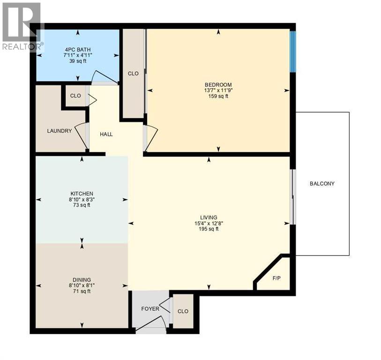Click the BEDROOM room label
click(218, 85)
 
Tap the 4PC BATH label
click(77, 49)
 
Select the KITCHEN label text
click(82, 194)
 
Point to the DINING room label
click(82, 280)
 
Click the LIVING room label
click(209, 217)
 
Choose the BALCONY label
click(322, 184)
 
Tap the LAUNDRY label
click(60, 131)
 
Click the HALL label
click(106, 134)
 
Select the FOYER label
click(150, 309)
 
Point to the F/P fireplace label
click(276, 278)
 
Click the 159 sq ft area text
click(218, 96)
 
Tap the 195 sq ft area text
click(209, 229)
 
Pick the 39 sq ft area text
click(77, 60)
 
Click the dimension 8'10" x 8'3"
click(82, 199)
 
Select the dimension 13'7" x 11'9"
click(218, 90)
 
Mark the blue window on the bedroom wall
click(292, 51)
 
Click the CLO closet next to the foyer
click(183, 311)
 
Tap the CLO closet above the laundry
click(75, 96)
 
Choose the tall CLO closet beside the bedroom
click(133, 73)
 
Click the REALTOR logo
click(22, 26)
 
